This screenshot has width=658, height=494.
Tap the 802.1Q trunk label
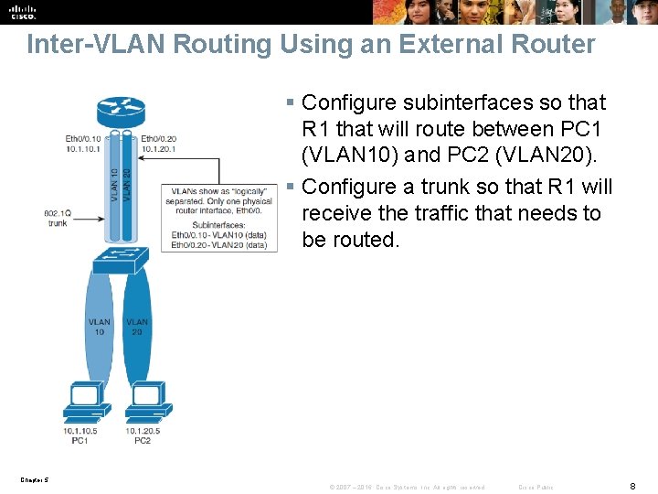(57, 218)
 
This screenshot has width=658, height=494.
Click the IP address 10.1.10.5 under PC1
(80, 430)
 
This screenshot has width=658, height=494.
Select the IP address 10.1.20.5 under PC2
(143, 430)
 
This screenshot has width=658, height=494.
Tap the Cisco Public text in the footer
(536, 486)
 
